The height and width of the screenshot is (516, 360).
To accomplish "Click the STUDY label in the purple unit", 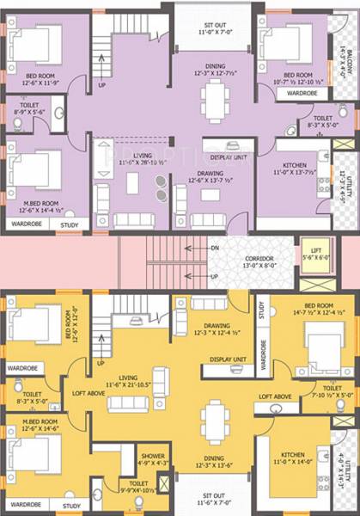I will pyautogui.click(x=69, y=225).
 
